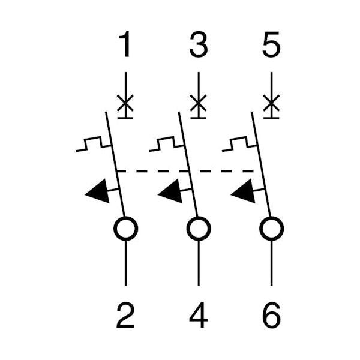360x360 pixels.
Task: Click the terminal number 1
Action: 125,44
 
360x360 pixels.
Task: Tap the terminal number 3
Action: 199,44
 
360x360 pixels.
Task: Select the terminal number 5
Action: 271,44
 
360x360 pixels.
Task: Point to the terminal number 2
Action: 125,315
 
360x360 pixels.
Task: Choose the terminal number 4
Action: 199,315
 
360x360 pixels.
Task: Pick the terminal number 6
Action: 272,315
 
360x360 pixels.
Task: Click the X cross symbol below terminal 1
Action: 125,103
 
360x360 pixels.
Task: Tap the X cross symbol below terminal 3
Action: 199,103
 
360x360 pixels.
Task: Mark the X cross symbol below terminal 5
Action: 271,103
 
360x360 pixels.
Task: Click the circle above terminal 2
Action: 126,229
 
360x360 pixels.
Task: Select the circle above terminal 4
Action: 199,229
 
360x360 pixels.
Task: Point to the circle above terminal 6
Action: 272,229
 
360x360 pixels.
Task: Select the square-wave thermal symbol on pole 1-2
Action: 94,144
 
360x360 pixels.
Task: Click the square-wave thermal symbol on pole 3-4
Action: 167,144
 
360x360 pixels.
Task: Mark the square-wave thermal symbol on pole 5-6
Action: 239,144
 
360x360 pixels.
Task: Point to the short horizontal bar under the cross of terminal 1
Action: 125,118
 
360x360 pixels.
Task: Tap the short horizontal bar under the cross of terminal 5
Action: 271,118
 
